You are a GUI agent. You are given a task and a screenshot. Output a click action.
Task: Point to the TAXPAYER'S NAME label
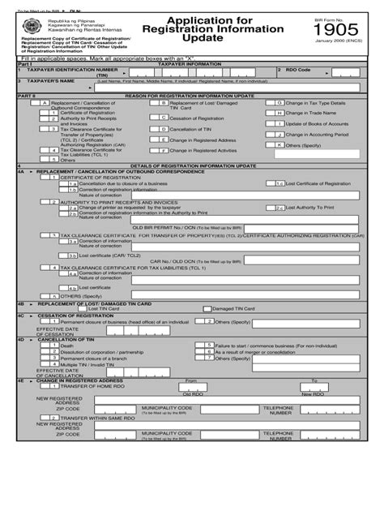point(49,81)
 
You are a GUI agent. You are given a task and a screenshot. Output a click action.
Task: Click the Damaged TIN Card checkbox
point(206,309)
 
